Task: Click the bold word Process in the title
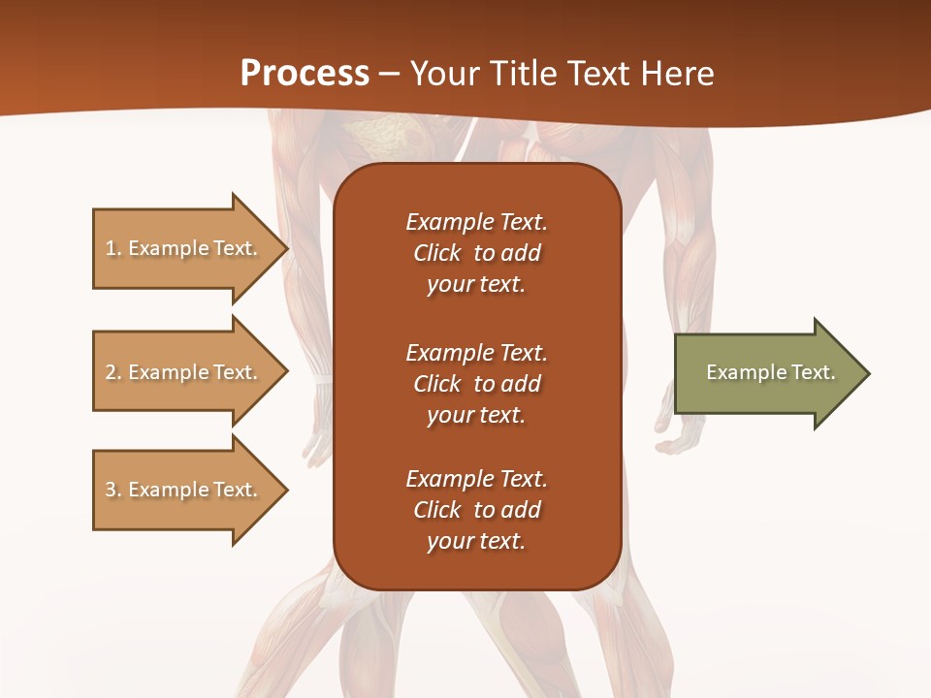click(305, 74)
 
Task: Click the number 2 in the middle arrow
click(111, 372)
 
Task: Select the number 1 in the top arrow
click(111, 248)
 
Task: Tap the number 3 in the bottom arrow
click(111, 490)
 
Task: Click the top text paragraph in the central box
click(476, 253)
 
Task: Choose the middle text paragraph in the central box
click(476, 384)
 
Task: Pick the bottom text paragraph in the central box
click(476, 510)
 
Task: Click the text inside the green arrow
click(771, 372)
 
